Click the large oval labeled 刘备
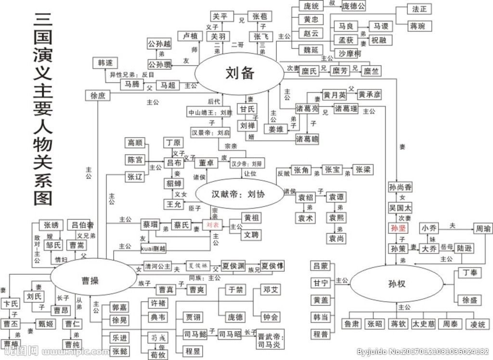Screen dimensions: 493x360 [239, 73]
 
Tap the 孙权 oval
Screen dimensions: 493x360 [396, 284]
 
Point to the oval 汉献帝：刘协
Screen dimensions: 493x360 [238, 195]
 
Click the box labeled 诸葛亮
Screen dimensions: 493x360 [307, 109]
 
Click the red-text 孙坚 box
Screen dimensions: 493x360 [399, 228]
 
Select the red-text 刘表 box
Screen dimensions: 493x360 [213, 225]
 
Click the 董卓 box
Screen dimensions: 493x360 [206, 163]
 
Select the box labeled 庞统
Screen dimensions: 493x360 [311, 6]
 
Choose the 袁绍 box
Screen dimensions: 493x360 [306, 198]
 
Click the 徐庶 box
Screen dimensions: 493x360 [97, 95]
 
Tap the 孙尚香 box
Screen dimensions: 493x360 [401, 187]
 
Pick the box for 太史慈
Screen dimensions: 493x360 [423, 324]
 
